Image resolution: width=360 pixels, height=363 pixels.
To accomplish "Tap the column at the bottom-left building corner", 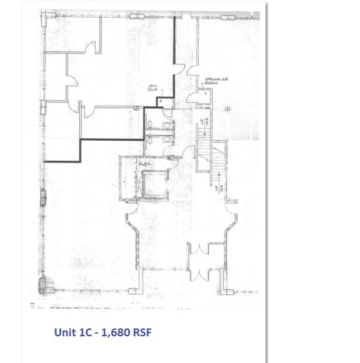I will (x=46, y=285).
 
